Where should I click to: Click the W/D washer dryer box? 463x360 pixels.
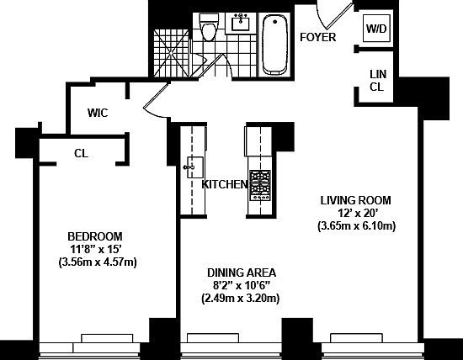[375, 28]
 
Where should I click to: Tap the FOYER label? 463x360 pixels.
[317, 38]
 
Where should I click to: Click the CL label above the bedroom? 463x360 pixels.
[81, 153]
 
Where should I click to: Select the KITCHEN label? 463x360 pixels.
[224, 184]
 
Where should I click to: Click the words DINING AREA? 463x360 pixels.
[242, 273]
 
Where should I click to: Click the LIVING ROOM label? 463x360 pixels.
[356, 200]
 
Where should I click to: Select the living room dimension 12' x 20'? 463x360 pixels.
[356, 213]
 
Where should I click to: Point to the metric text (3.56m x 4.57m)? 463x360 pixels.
[98, 262]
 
